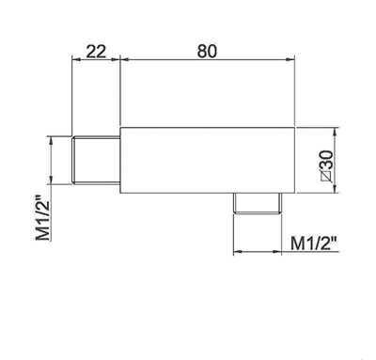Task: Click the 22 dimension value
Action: (x=96, y=52)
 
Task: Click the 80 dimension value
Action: (x=207, y=51)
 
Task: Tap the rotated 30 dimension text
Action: (x=326, y=161)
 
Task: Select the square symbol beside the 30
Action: (x=326, y=177)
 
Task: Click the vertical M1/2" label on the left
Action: (x=43, y=218)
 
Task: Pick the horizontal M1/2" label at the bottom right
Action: (x=314, y=243)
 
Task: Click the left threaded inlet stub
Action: (x=96, y=160)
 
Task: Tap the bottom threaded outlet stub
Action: (x=258, y=203)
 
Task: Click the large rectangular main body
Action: (x=208, y=160)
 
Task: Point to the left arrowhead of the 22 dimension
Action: (x=76, y=58)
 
